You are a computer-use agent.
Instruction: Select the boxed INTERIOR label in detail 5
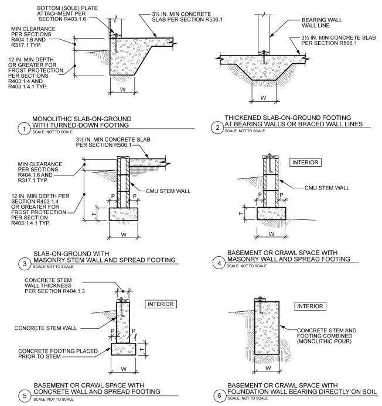[x=159, y=304]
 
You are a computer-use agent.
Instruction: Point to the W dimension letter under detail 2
[x=264, y=97]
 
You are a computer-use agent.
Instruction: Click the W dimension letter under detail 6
[x=268, y=369]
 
